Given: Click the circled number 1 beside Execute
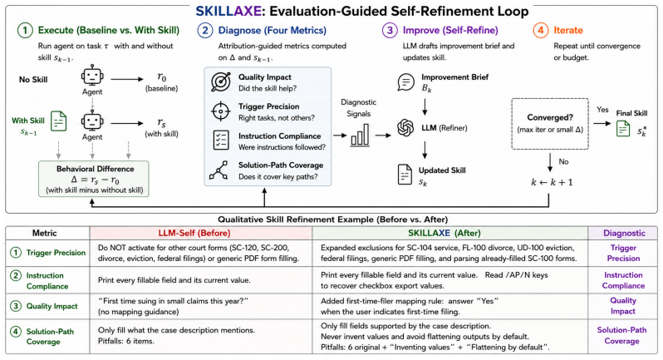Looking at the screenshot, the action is pos(25,31).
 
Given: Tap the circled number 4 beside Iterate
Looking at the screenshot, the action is pos(540,31).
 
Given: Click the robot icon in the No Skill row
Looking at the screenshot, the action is pos(92,76).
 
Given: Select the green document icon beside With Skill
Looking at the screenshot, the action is pos(58,121).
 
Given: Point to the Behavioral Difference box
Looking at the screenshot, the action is pos(94,179).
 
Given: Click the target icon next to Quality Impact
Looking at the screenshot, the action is pos(221,81).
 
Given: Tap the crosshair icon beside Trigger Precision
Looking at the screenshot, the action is pos(220,111).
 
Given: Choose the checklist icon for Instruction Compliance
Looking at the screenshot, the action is pos(221,140).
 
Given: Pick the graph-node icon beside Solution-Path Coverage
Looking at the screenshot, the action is pos(219,170).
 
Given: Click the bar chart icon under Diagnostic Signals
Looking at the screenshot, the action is pos(360,136).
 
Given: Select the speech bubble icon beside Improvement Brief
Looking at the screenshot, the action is pos(406,82).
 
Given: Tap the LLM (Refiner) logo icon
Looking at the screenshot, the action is pos(405,128).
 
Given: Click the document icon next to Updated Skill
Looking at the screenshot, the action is pos(405,175).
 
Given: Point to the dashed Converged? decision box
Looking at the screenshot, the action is pos(550,124).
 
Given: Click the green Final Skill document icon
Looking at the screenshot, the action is pos(623,128).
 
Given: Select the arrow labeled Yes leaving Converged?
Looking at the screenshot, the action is pos(602,124).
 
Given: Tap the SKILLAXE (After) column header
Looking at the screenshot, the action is pos(444,233).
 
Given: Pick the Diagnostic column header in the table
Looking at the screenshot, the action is pos(624,233).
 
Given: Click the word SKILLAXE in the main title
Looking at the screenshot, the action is pos(228,11).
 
